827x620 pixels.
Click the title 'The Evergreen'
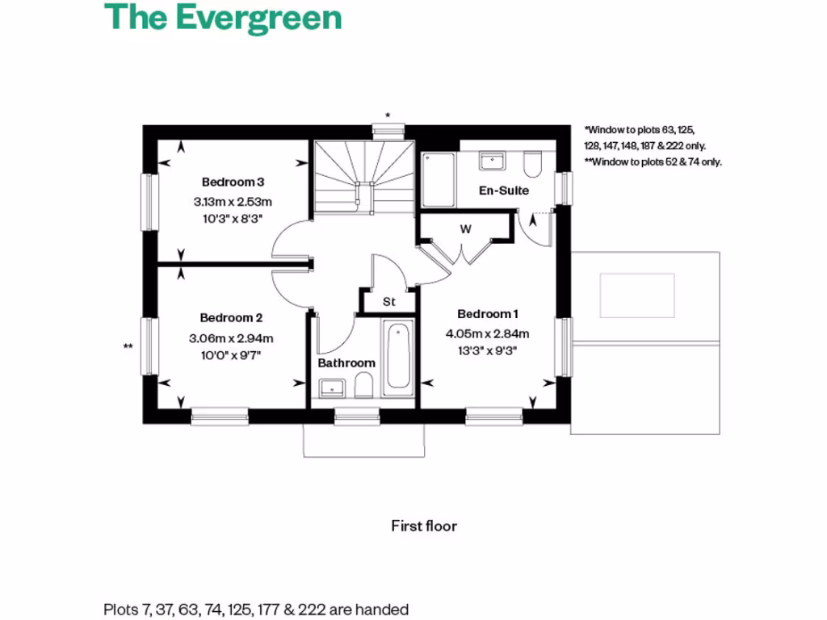(223, 18)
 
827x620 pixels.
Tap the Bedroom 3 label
(233, 182)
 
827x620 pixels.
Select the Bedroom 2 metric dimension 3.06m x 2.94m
(231, 338)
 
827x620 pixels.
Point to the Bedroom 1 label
(487, 314)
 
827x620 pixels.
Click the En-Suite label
(504, 191)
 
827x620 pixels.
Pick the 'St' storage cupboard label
(388, 302)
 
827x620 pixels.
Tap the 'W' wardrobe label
(465, 229)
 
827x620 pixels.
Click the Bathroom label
(346, 363)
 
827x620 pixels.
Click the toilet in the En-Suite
(531, 164)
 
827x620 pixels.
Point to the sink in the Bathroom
(332, 387)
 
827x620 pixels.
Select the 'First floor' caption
(424, 526)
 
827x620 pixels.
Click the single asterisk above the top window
(388, 116)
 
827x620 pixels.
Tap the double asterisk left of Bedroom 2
(128, 347)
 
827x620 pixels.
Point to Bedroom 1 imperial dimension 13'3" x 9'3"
(487, 350)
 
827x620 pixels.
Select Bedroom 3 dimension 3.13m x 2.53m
(233, 201)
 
